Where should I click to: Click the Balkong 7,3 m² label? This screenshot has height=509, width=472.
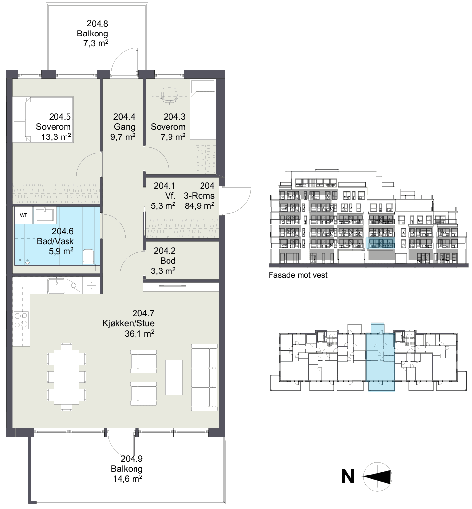click(93, 34)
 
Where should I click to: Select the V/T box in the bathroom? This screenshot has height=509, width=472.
click(23, 215)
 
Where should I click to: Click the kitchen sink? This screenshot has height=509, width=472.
click(56, 286)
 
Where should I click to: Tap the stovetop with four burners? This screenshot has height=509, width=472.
click(21, 320)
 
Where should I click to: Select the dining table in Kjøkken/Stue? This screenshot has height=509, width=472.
click(67, 376)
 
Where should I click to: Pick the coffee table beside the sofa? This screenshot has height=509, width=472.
click(173, 377)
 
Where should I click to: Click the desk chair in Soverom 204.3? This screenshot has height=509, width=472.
click(169, 95)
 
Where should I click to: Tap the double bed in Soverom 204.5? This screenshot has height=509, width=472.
click(43, 119)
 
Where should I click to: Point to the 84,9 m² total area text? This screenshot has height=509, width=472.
click(200, 206)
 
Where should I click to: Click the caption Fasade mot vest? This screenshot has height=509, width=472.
click(298, 275)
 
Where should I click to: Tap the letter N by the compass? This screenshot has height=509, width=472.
click(348, 477)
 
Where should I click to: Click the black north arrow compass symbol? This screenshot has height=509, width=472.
click(378, 476)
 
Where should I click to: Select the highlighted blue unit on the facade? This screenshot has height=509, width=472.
click(380, 243)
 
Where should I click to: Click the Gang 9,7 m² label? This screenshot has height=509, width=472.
click(124, 127)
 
